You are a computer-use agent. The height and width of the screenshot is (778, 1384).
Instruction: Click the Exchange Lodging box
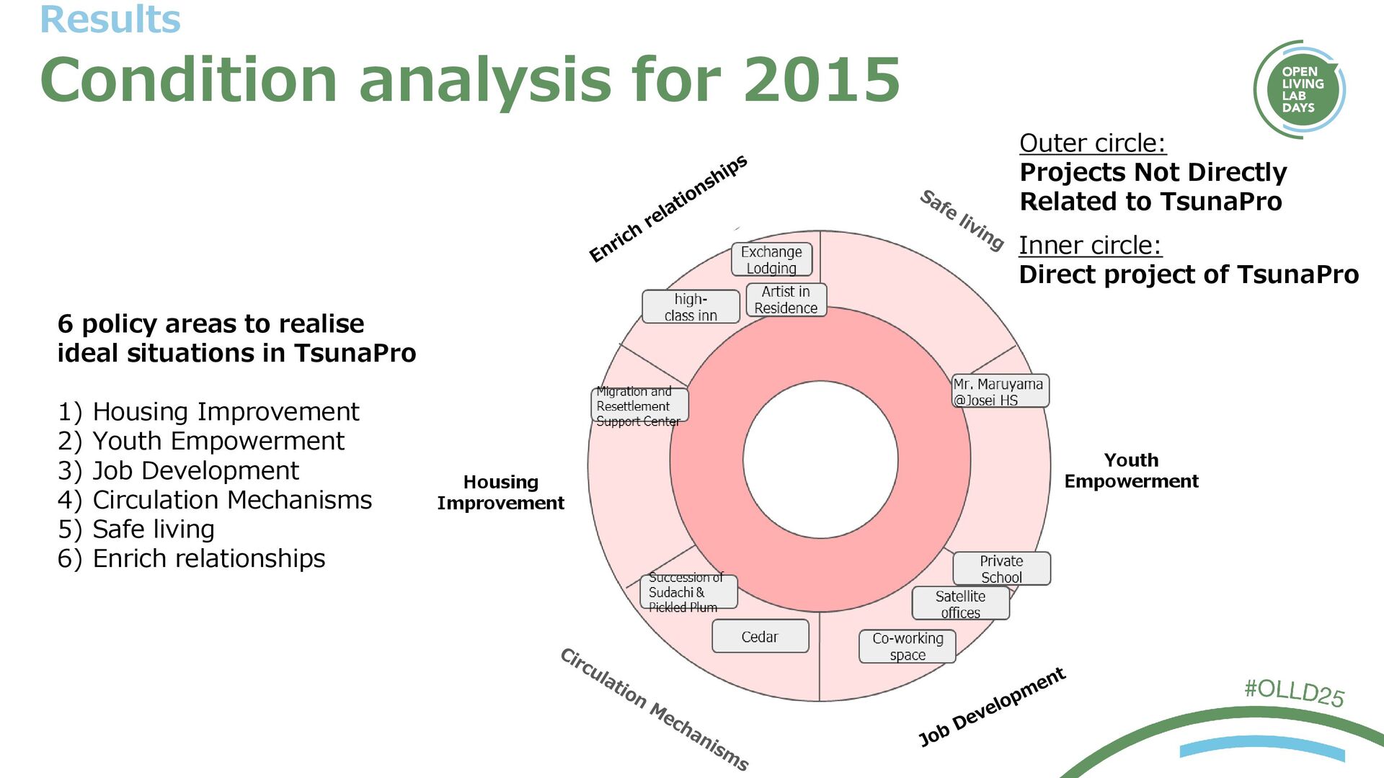771,259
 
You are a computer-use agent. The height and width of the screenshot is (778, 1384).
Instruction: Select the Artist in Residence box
786,300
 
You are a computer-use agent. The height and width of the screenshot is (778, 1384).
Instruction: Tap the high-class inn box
691,307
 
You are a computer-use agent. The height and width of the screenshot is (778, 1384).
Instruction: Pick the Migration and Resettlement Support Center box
639,406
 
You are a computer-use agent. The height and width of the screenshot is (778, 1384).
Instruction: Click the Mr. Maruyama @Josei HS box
1000,391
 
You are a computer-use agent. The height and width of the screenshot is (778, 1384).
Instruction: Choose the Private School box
1001,568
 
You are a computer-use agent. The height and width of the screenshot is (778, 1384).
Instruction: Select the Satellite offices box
960,604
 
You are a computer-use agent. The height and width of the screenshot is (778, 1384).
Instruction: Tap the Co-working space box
907,646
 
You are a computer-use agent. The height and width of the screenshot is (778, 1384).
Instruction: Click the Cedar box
760,637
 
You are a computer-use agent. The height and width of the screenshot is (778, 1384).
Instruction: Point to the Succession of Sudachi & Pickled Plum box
688,592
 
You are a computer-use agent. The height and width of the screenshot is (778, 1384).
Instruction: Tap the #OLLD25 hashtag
1294,692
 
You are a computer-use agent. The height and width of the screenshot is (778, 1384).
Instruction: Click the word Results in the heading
110,19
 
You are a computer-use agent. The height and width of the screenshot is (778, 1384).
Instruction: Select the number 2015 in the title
822,79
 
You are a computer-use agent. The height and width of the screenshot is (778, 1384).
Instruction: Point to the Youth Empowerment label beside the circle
1131,470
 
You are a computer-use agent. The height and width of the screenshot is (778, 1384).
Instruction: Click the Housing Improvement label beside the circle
500,492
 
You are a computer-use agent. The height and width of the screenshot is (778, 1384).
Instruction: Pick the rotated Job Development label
992,707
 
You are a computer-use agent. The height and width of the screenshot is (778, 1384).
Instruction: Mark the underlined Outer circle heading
1092,143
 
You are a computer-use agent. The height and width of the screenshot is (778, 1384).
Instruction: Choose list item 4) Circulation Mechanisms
215,500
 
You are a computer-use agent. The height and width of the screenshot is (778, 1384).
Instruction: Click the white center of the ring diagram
820,460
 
